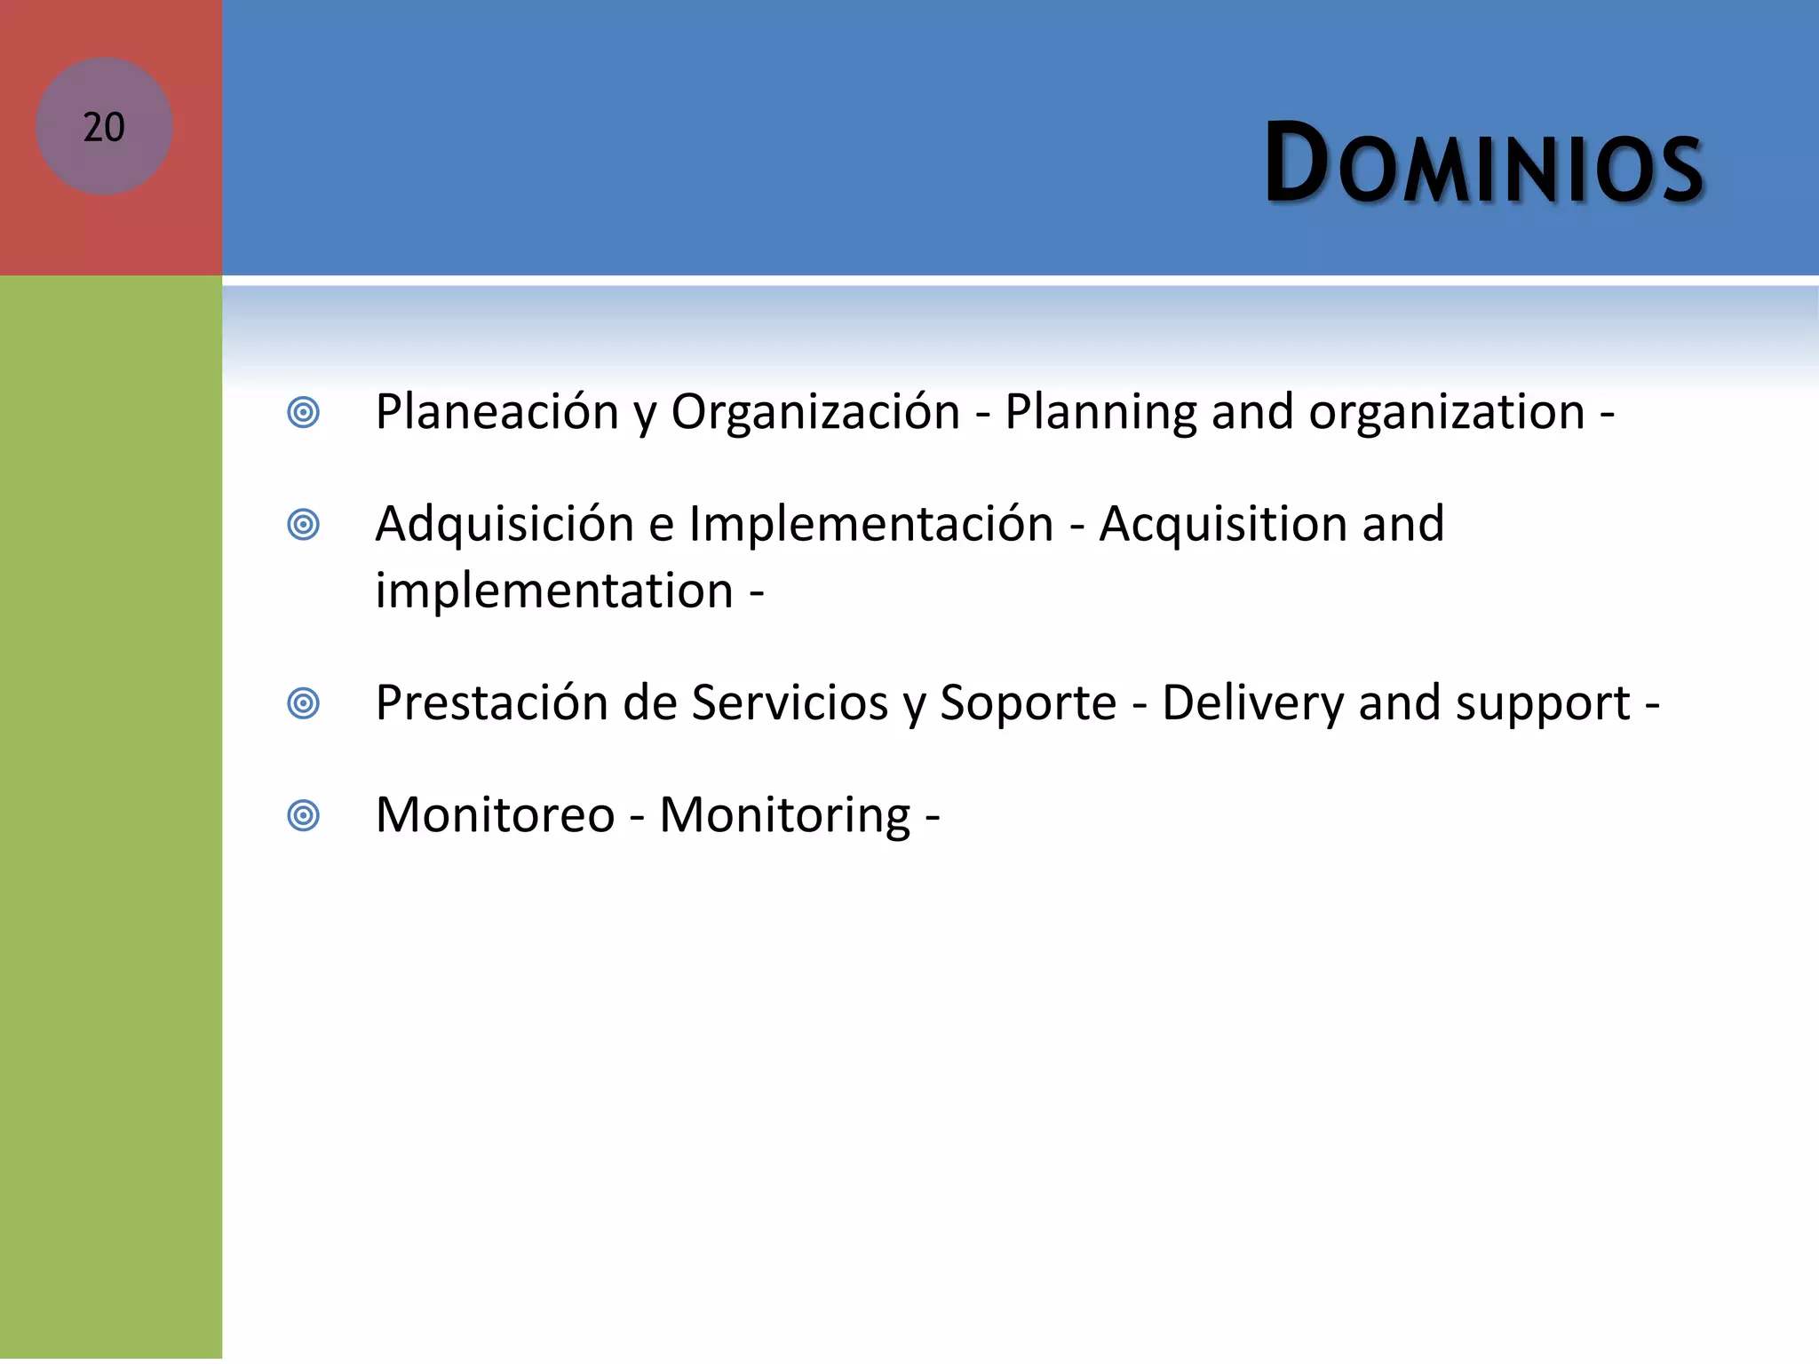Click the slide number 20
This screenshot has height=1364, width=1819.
(104, 127)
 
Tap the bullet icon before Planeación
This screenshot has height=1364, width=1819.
(304, 413)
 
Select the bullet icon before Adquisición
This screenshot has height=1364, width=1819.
(304, 525)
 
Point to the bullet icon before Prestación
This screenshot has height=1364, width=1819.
(304, 704)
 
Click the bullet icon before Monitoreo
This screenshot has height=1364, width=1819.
(304, 816)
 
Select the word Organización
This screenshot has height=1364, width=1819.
(814, 413)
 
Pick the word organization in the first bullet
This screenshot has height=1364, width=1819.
(1446, 413)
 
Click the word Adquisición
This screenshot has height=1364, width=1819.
(504, 524)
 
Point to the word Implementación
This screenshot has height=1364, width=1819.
(870, 524)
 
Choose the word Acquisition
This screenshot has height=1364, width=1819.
(1222, 524)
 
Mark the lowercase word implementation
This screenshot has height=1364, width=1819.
(554, 591)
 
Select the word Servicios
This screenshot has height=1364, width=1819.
(790, 703)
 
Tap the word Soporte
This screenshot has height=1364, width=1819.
(1028, 703)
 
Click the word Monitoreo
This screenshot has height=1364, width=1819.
(495, 815)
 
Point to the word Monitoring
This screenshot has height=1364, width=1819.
(785, 815)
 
